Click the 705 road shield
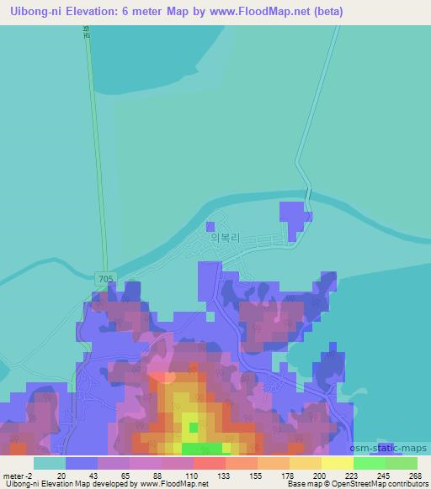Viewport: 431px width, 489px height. click(102, 279)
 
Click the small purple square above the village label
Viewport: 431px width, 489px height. click(210, 225)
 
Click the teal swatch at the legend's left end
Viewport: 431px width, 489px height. click(50, 463)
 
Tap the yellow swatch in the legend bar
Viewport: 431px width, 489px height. click(337, 463)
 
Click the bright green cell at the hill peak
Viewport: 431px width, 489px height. click(194, 428)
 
